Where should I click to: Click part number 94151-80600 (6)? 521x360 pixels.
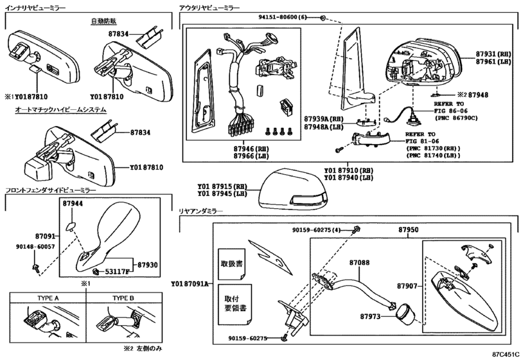[x=283, y=17]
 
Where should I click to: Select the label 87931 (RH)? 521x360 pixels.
[x=493, y=54]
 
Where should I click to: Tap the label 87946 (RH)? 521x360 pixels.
[x=251, y=148]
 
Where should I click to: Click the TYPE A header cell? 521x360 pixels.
[x=48, y=298]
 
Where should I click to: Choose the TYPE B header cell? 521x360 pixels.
[x=123, y=298]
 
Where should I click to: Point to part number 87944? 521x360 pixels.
[x=73, y=203]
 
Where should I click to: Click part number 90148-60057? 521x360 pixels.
[x=35, y=247]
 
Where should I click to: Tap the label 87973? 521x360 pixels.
[x=370, y=316]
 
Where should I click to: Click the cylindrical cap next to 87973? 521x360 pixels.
[x=405, y=312]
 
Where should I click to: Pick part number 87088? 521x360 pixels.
[x=359, y=262]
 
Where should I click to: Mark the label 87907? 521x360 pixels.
[x=407, y=285]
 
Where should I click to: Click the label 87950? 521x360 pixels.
[x=409, y=230]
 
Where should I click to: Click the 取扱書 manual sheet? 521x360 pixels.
[x=232, y=264]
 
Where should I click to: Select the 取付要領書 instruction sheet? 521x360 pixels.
[x=235, y=305]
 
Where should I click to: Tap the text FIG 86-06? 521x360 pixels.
[x=450, y=111]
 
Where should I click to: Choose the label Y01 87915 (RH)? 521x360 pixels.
[x=222, y=186]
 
